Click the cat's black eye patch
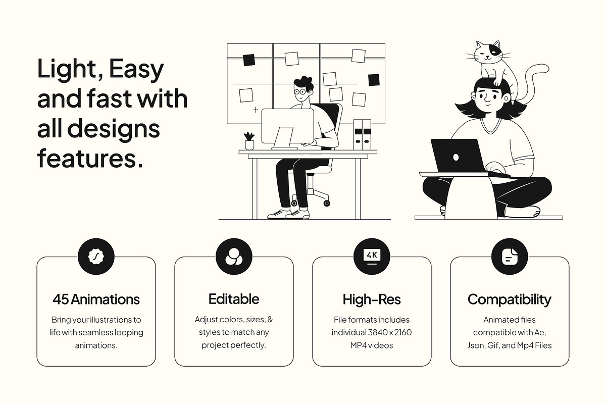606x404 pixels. [x=495, y=50]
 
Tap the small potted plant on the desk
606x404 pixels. [x=249, y=141]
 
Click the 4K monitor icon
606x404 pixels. [x=372, y=256]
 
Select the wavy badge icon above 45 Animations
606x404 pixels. [x=96, y=256]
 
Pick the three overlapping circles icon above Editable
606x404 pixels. [x=234, y=257]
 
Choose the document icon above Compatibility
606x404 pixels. [x=510, y=256]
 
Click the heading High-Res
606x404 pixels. [x=372, y=299]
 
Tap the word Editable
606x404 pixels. [x=234, y=299]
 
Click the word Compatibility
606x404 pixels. [x=510, y=300]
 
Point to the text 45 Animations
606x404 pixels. [x=96, y=299]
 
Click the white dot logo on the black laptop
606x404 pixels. [x=456, y=158]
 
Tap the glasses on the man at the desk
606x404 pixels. [x=300, y=92]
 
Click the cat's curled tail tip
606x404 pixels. [x=543, y=68]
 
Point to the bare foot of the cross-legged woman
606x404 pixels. [x=524, y=212]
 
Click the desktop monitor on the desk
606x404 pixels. [x=287, y=126]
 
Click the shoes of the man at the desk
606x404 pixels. [x=288, y=214]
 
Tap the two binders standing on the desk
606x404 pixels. [x=362, y=135]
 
